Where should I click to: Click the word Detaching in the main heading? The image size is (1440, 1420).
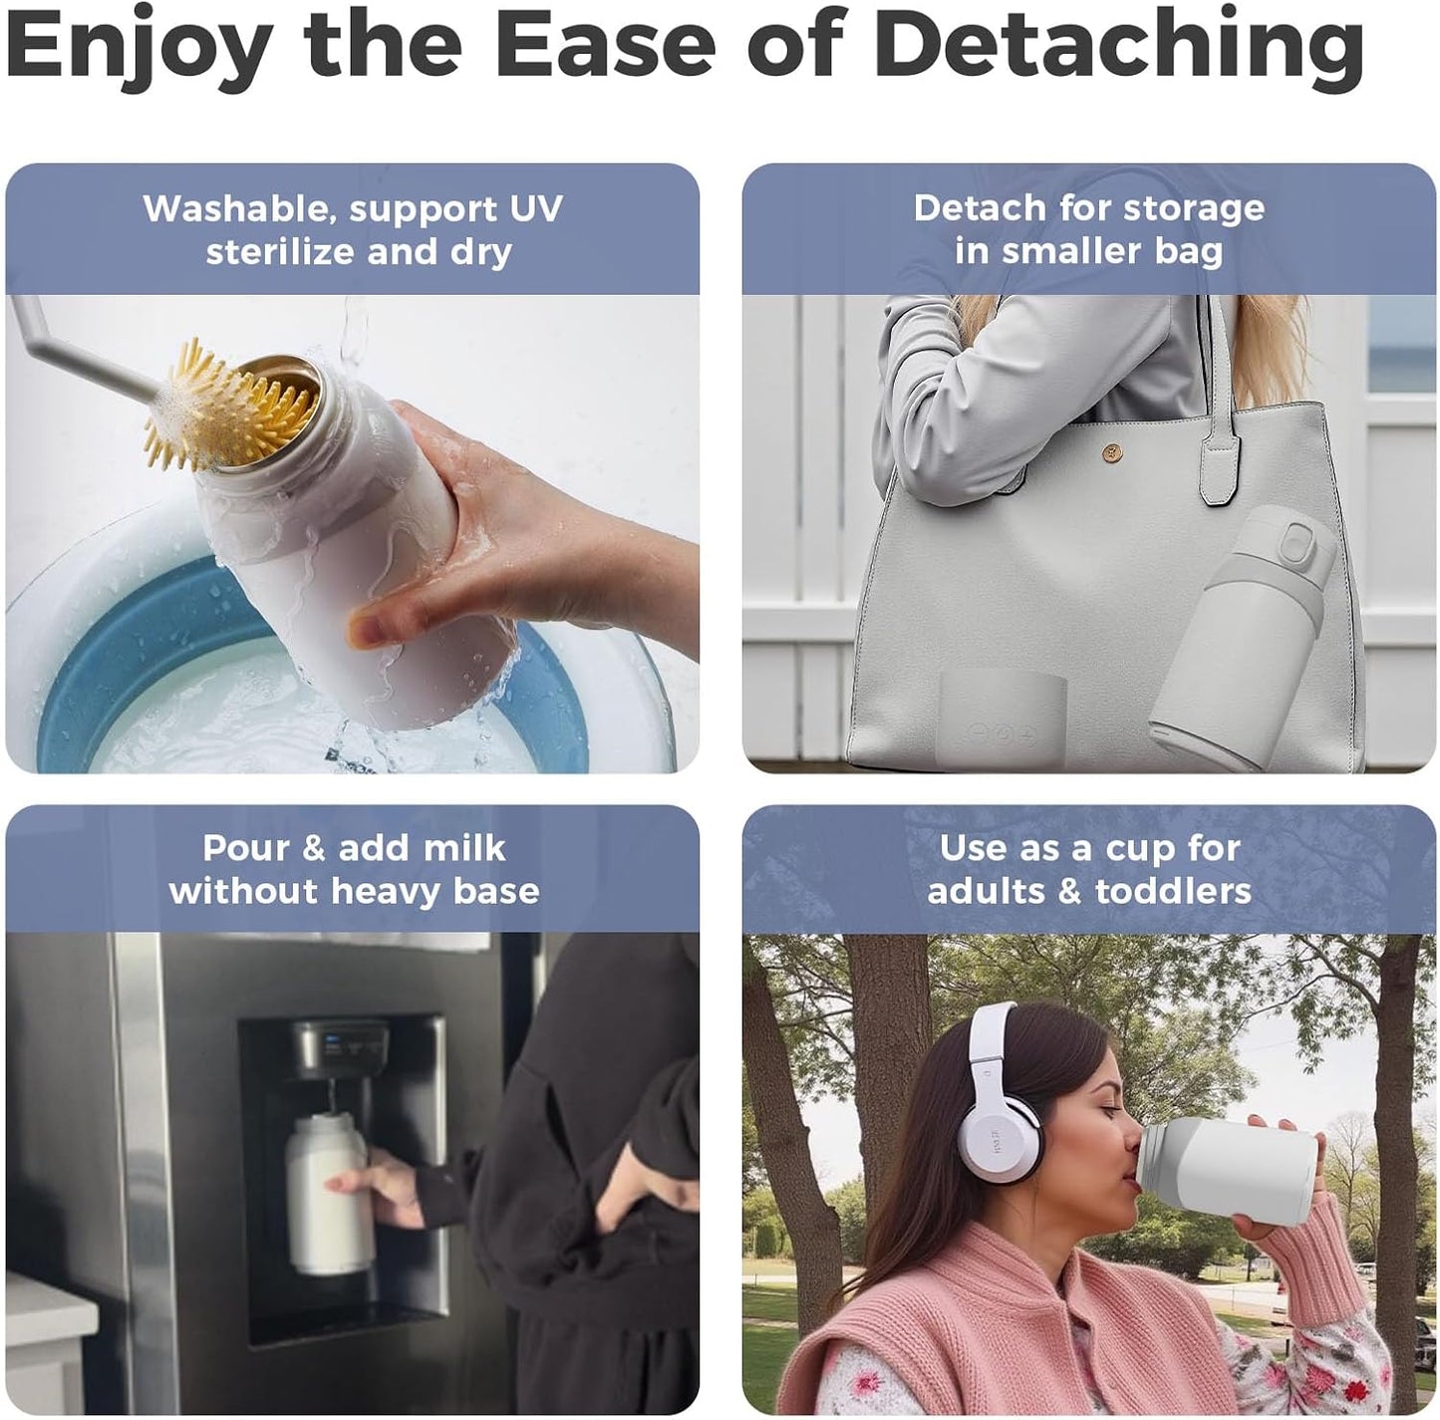pos(1123,45)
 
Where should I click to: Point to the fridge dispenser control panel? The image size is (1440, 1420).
pos(344,1046)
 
